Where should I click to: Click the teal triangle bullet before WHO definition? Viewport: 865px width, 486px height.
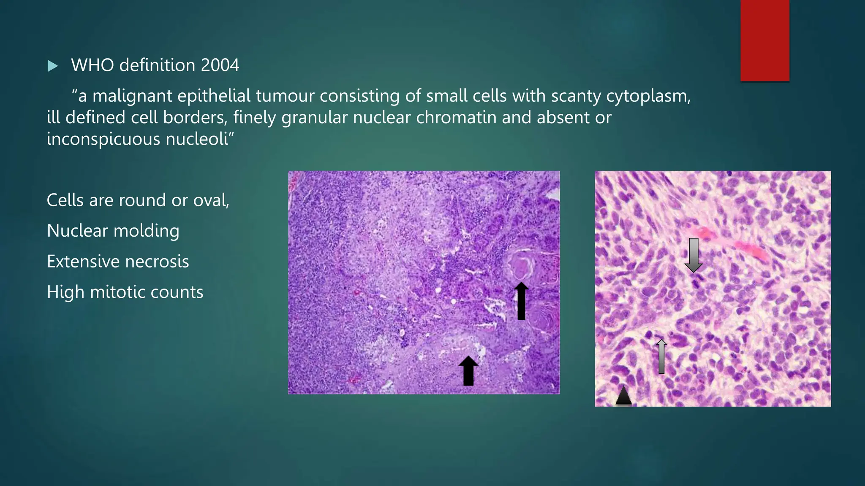click(53, 66)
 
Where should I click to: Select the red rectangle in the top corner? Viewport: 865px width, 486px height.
click(764, 40)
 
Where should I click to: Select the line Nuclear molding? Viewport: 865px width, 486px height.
click(113, 231)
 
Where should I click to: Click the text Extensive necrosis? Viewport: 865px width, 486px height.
click(118, 262)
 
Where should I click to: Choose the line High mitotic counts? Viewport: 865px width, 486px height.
click(125, 292)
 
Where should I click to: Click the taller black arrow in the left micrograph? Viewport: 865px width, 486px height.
click(521, 301)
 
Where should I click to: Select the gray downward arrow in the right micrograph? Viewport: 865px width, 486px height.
click(694, 255)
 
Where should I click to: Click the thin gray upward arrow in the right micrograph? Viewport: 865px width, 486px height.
click(661, 356)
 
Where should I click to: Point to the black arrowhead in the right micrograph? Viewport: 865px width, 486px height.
click(623, 396)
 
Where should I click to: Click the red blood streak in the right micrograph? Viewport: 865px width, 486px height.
click(743, 246)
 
